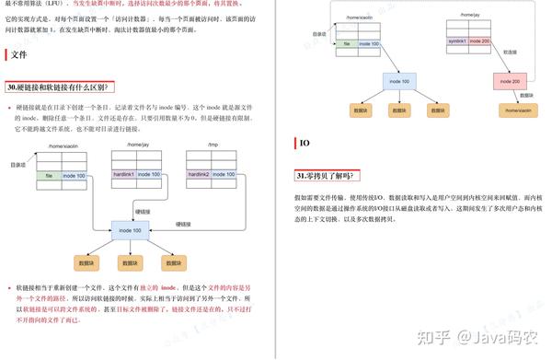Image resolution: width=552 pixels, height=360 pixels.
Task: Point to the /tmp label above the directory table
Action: pos(212,145)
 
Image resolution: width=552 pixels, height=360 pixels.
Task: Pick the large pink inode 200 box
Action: pos(512,82)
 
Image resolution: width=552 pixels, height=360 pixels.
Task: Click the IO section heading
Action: pos(305,144)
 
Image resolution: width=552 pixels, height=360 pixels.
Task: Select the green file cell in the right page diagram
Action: pos(347,42)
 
